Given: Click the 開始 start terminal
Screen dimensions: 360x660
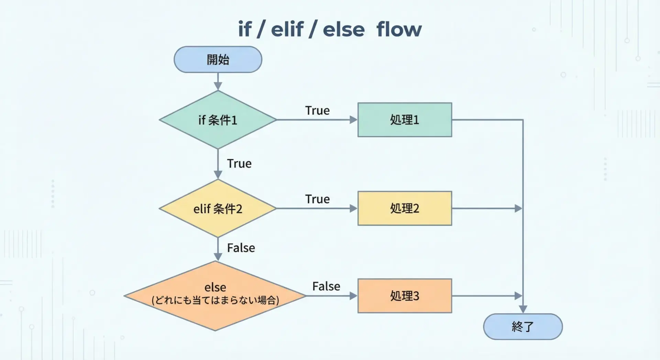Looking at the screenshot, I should (218, 59).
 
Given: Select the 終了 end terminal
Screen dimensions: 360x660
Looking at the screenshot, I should (523, 326).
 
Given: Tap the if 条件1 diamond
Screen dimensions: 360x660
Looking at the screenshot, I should (218, 120).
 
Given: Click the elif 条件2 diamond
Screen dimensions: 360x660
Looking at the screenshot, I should (218, 208).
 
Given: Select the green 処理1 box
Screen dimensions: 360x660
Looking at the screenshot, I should (405, 120).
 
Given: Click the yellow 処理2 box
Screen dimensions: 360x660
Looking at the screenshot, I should (405, 208).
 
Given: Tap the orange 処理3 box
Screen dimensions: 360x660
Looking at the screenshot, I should (405, 296).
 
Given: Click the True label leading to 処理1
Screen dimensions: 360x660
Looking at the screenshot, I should (317, 110).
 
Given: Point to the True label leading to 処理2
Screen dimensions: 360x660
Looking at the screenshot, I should (317, 199).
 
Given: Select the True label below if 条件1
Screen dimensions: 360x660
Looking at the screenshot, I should (239, 163).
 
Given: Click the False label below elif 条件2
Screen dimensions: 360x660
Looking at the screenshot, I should (241, 248).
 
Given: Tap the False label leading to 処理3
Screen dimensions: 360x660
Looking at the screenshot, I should (326, 286).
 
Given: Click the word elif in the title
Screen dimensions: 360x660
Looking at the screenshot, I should (287, 29).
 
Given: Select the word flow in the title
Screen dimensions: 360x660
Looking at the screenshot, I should (399, 29).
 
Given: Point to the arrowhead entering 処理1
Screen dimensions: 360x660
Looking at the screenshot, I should (353, 120).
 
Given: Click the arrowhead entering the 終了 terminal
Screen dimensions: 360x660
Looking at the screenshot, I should (523, 309).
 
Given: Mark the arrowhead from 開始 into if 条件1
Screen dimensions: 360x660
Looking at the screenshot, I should (218, 86).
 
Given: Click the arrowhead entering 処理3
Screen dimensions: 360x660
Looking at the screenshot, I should (353, 296).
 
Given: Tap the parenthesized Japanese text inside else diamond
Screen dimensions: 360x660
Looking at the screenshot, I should (215, 300).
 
